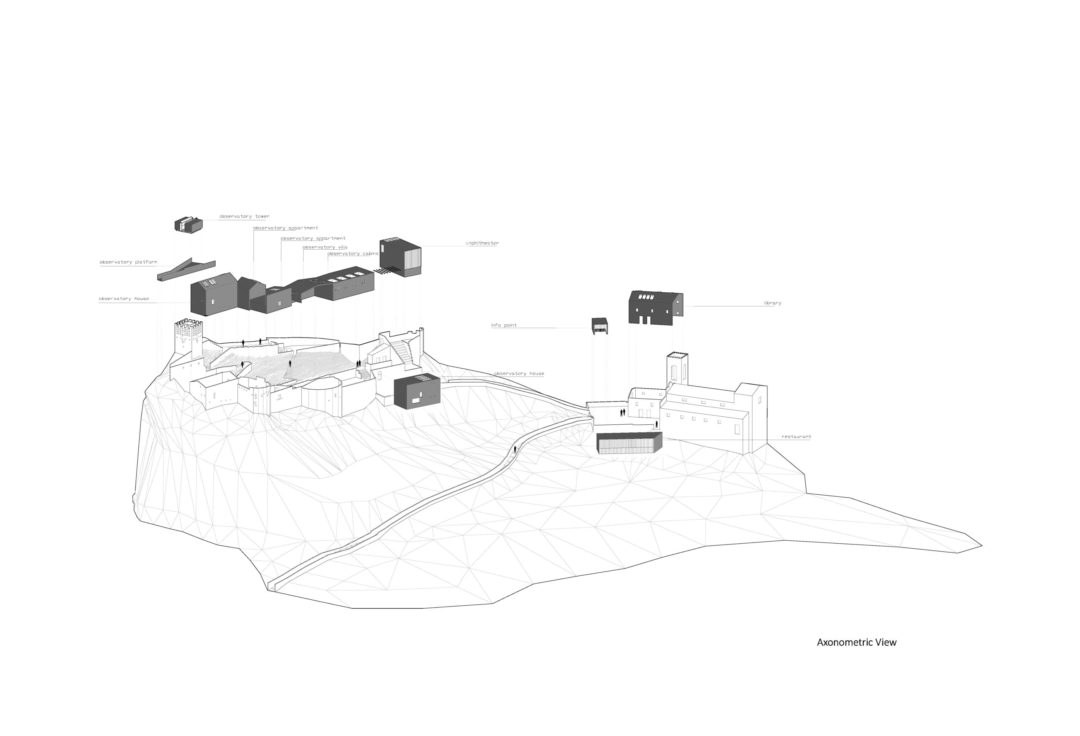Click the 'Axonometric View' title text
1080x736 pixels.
(x=856, y=643)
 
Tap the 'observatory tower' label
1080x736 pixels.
(x=244, y=216)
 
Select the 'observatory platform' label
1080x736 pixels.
(x=128, y=262)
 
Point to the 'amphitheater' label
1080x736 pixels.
(x=482, y=243)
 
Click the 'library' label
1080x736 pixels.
(x=772, y=303)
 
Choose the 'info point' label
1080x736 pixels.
(x=504, y=325)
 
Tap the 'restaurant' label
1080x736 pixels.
(x=796, y=437)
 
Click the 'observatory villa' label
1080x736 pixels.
(x=325, y=247)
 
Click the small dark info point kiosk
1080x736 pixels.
(x=599, y=326)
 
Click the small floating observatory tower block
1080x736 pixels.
(x=188, y=225)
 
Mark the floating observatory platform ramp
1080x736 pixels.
(x=186, y=270)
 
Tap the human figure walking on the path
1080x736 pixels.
(x=515, y=449)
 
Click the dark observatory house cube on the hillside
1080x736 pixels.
(x=416, y=392)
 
